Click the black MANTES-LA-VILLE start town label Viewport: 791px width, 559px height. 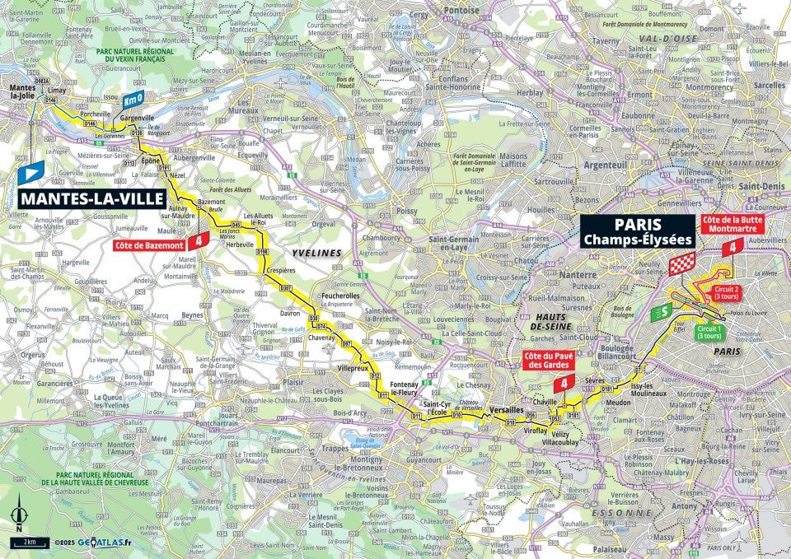91,198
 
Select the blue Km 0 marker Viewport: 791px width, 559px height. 133,100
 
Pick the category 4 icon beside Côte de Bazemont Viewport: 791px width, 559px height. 198,241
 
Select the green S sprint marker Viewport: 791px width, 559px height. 661,312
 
